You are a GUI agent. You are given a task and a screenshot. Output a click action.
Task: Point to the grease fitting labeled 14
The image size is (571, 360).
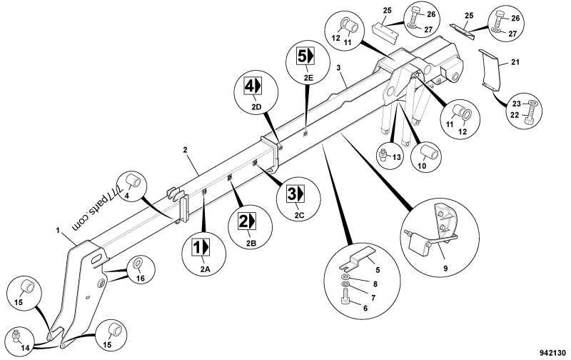pos(18,335)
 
